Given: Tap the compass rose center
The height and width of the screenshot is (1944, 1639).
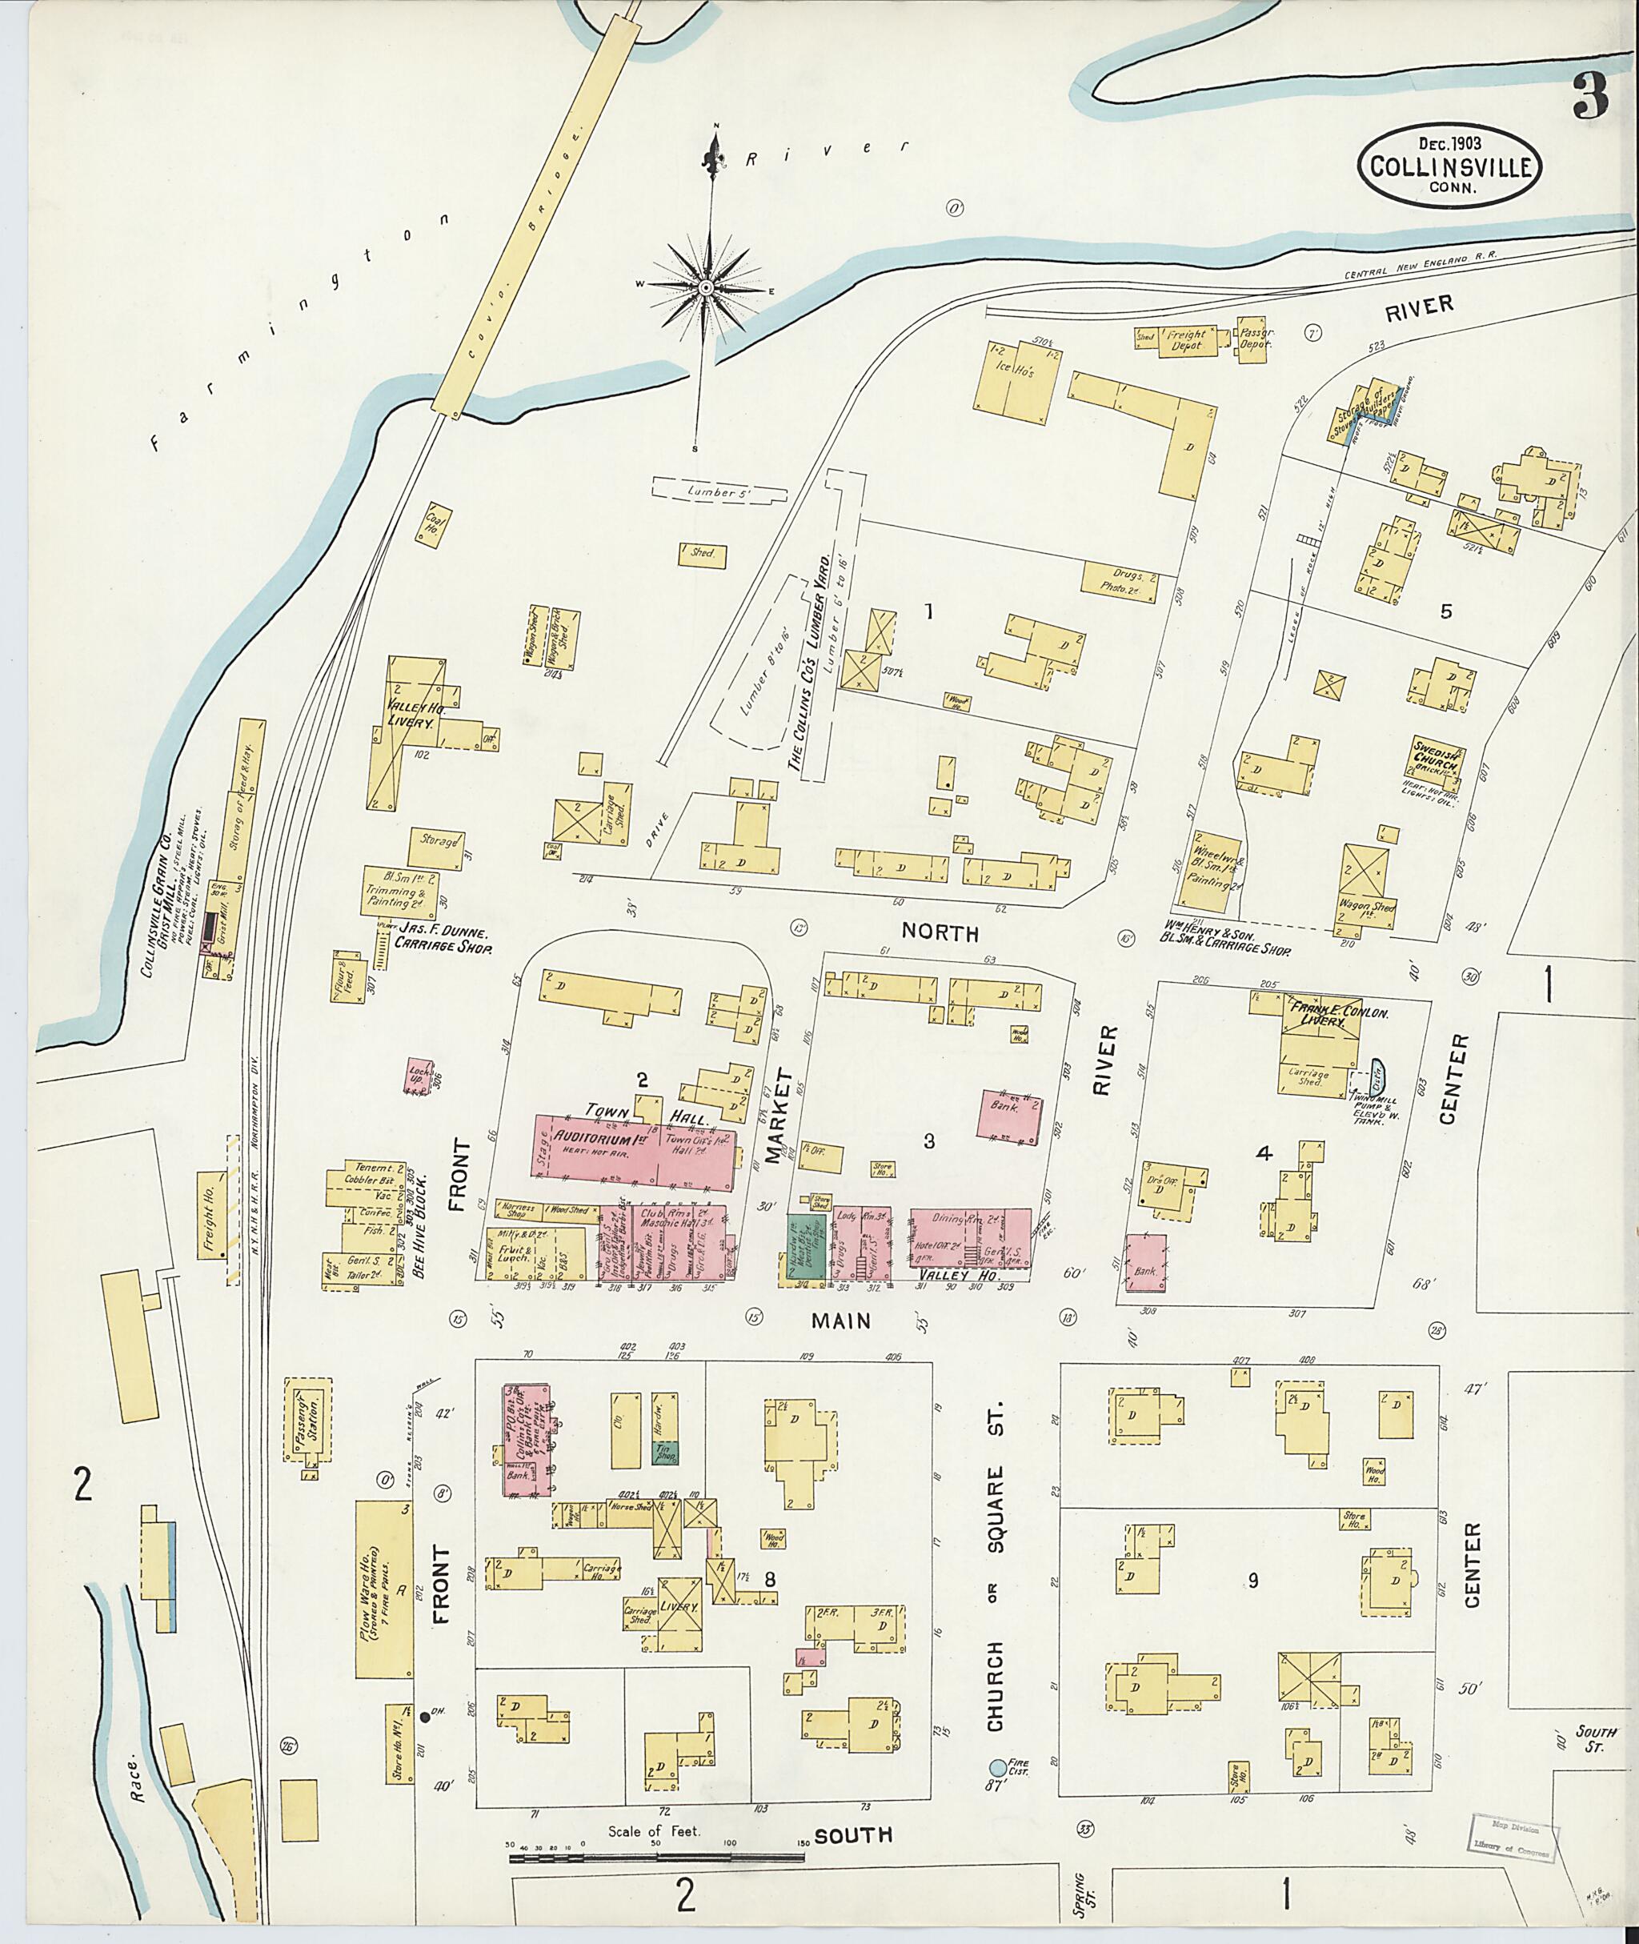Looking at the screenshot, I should [x=705, y=287].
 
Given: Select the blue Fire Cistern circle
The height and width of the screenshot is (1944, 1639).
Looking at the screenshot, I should [x=997, y=1766].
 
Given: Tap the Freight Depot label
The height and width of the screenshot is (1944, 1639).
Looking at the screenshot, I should [x=1187, y=339].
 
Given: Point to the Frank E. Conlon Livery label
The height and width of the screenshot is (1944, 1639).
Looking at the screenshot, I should [x=1321, y=1014].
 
